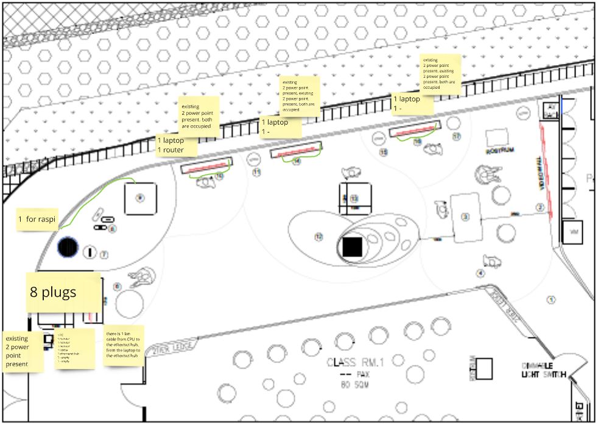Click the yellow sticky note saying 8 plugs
point(63,293)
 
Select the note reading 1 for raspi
point(37,218)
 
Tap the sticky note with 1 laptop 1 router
point(177,145)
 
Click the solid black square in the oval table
point(353,247)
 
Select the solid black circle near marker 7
point(68,247)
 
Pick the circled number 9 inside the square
point(139,198)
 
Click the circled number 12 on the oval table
point(317,236)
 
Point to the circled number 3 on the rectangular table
point(466,216)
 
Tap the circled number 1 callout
point(552,299)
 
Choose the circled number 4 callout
point(480,273)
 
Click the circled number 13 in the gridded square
point(353,199)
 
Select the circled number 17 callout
point(457,137)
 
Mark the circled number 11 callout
point(256,173)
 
